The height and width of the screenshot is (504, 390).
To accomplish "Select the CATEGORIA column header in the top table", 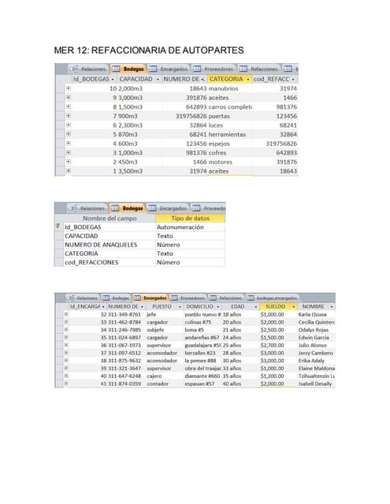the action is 227,80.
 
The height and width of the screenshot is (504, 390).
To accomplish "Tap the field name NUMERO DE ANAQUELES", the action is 101,245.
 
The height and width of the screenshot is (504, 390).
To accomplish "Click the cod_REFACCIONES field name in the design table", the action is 91,262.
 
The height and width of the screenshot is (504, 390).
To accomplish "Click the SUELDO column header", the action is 276,306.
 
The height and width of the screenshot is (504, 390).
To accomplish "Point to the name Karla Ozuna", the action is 314,315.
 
